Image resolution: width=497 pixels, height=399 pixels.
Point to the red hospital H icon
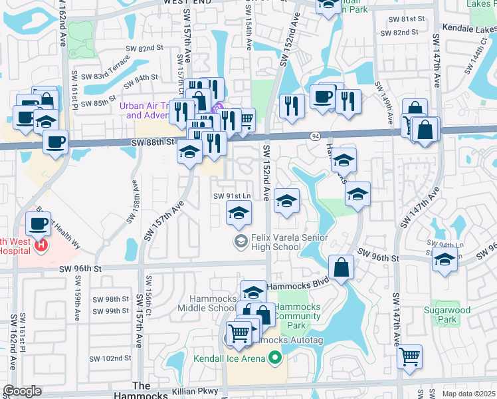[x=41, y=245]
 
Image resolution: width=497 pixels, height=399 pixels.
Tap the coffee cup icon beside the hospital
[x=39, y=224]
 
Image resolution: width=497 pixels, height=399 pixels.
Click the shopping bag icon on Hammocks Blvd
[x=340, y=267]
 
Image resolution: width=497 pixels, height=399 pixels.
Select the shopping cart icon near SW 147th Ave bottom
[x=410, y=356]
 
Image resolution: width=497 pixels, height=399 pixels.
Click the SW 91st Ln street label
[x=232, y=196]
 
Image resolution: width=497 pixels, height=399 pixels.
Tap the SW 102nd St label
[x=111, y=358]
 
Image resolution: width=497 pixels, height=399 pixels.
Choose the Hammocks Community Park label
[x=298, y=316]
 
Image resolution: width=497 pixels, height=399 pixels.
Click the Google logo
[x=22, y=391]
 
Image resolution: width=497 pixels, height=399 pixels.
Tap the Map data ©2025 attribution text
[x=468, y=394]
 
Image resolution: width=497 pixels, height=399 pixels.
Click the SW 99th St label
[x=110, y=311]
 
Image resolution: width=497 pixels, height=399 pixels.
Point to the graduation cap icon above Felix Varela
[x=239, y=213]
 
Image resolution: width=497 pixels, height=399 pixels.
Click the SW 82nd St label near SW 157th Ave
[x=142, y=48]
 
